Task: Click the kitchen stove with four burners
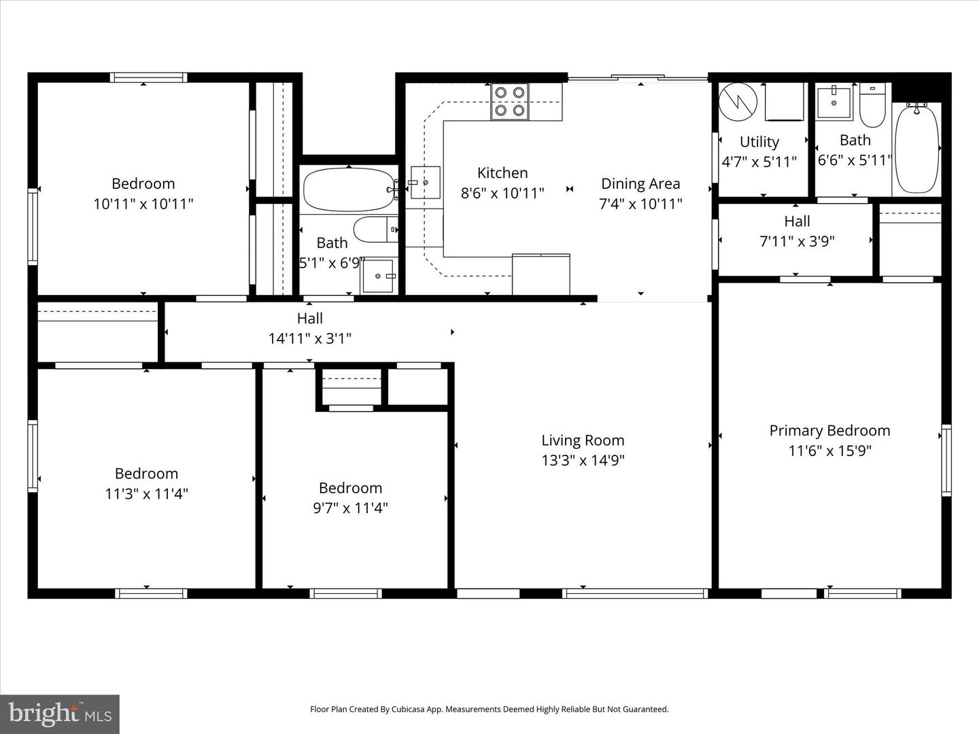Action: [x=510, y=101]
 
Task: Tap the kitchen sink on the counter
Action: [x=425, y=183]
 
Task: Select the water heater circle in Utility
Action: [x=738, y=101]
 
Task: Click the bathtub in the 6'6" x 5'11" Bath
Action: [x=917, y=149]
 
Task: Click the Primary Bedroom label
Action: [x=829, y=430]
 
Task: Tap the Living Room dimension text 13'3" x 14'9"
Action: [x=583, y=460]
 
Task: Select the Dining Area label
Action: [x=640, y=183]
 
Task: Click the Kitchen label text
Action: [x=502, y=173]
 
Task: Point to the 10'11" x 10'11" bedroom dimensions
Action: [x=143, y=203]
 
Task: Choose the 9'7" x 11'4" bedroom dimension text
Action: [x=350, y=508]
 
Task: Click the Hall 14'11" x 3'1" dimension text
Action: [x=309, y=338]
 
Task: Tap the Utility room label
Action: [x=759, y=141]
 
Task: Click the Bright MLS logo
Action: [x=60, y=714]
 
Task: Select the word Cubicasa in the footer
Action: [x=407, y=709]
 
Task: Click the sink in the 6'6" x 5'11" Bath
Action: [x=834, y=102]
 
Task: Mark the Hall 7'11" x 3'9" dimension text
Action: [x=797, y=241]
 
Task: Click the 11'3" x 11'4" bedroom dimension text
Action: [x=146, y=493]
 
